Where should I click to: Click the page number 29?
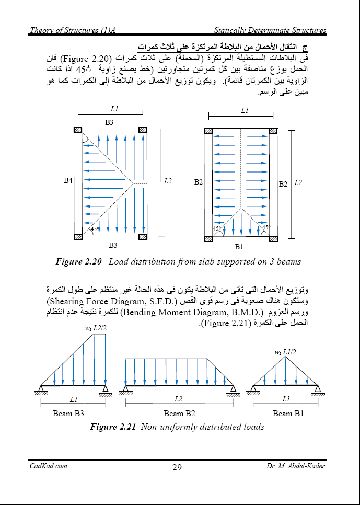(x=177, y=467)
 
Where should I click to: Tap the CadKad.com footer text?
(x=48, y=466)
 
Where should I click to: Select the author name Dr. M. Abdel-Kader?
(x=295, y=466)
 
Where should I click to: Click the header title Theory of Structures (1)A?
(x=72, y=30)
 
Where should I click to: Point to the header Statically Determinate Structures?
(x=270, y=30)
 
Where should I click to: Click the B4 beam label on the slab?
(x=68, y=181)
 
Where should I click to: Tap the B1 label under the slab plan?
(x=239, y=247)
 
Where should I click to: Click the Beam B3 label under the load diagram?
(x=68, y=414)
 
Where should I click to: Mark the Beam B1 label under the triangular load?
(x=288, y=414)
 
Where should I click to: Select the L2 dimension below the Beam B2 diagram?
(x=179, y=399)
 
